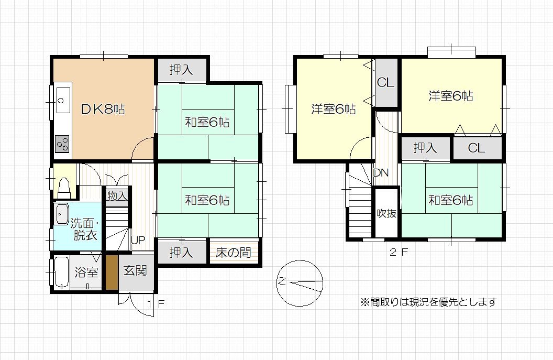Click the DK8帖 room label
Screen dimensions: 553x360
point(103,109)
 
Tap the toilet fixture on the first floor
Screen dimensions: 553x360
point(64,188)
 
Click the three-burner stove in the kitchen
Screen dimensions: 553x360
point(62,144)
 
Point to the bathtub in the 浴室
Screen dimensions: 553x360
point(62,272)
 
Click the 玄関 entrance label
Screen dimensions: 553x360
point(135,270)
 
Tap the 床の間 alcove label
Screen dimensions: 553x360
point(233,252)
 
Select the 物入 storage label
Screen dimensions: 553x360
point(117,195)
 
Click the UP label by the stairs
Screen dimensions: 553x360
point(138,240)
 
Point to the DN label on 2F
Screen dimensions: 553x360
point(381,173)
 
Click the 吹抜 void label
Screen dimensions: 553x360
point(386,213)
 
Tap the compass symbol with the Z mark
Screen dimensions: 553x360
point(300,283)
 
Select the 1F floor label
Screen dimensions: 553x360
point(156,303)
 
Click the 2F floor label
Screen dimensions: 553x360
point(399,252)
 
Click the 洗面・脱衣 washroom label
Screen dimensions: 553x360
point(85,230)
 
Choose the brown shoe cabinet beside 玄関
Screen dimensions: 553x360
point(112,272)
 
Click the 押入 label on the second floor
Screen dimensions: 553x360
point(425,148)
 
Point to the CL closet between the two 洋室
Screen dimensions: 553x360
point(385,83)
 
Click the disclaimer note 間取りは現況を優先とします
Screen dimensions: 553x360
point(428,302)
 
